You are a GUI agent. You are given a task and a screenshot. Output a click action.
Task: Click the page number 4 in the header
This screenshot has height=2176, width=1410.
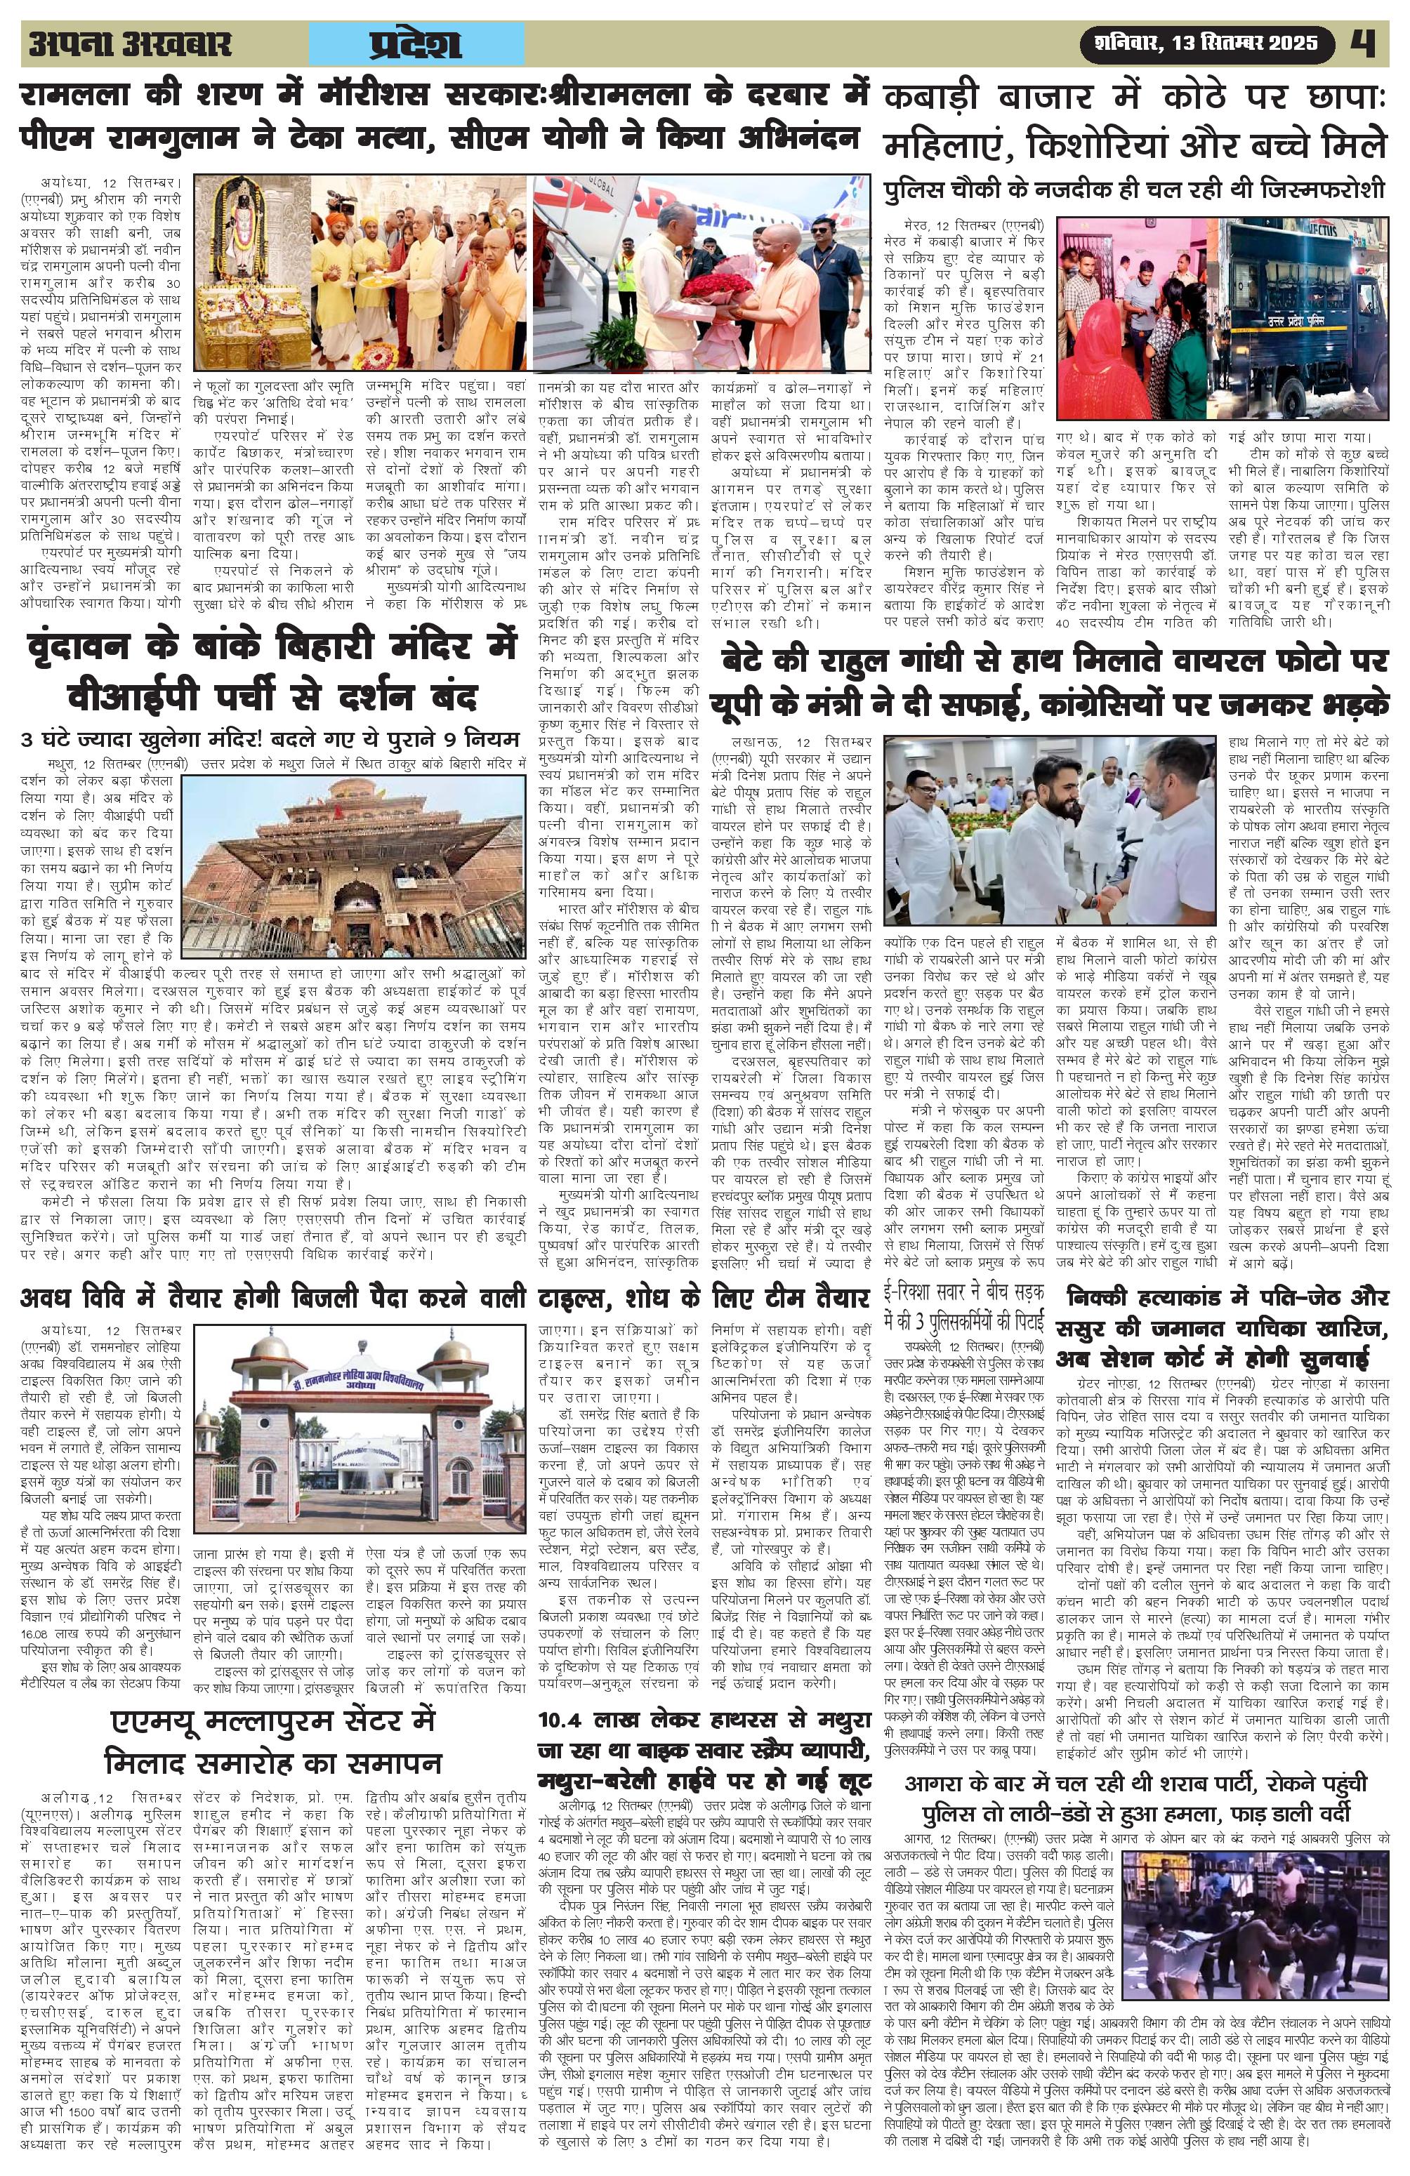pos(1369,43)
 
